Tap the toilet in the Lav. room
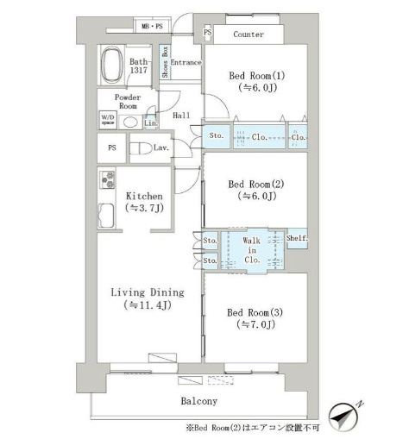pos(141,148)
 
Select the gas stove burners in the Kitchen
pos(107,179)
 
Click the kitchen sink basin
pos(106,216)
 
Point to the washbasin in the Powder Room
pos(130,122)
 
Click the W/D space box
pos(108,120)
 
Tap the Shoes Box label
pos(165,62)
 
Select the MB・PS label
pos(152,27)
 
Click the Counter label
pos(249,34)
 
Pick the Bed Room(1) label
pos(257,76)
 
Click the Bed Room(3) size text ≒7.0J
pos(256,324)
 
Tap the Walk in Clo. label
pos(252,250)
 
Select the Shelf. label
pos(297,238)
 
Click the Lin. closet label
pos(151,123)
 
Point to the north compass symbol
pos(345,416)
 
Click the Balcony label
pos(199,401)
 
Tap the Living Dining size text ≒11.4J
pos(148,305)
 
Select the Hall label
pos(181,116)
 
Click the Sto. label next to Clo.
pos(217,135)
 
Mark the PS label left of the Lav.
pos(112,147)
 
